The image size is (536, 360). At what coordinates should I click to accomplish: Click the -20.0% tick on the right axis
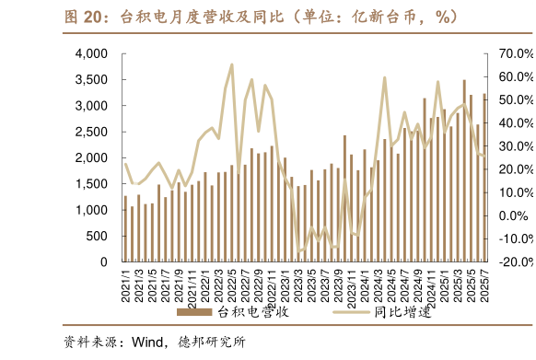click(513, 262)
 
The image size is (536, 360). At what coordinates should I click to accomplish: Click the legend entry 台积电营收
click(253, 312)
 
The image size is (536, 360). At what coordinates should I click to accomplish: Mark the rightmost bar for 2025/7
click(484, 178)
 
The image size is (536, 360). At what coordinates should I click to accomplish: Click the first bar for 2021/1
click(126, 228)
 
